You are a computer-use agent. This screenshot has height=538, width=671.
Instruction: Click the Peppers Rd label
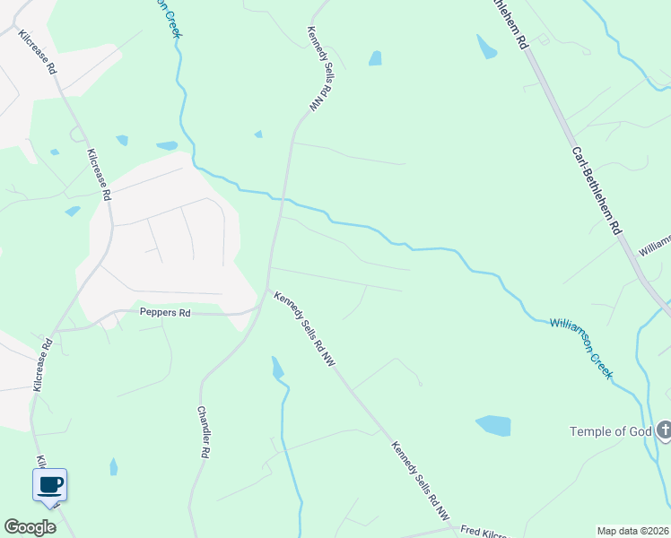(165, 313)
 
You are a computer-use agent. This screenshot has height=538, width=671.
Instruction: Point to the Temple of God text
(610, 431)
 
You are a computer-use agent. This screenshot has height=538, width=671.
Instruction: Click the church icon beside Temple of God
(663, 431)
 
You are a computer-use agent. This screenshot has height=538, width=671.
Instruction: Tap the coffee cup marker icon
(50, 485)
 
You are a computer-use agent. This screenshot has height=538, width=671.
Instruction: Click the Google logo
(30, 527)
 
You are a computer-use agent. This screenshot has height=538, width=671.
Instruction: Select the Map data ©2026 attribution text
(632, 531)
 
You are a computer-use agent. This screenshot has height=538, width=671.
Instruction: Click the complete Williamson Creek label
(581, 347)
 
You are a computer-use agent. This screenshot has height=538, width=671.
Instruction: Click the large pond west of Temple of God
(493, 425)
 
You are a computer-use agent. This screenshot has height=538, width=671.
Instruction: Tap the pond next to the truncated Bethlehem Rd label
(486, 47)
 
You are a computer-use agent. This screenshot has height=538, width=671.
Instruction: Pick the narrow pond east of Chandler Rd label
(277, 367)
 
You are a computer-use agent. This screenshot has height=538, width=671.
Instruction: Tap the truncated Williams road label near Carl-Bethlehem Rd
(655, 245)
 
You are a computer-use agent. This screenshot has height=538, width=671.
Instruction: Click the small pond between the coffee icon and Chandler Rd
(113, 467)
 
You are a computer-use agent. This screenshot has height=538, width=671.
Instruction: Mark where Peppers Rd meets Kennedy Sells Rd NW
(263, 305)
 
